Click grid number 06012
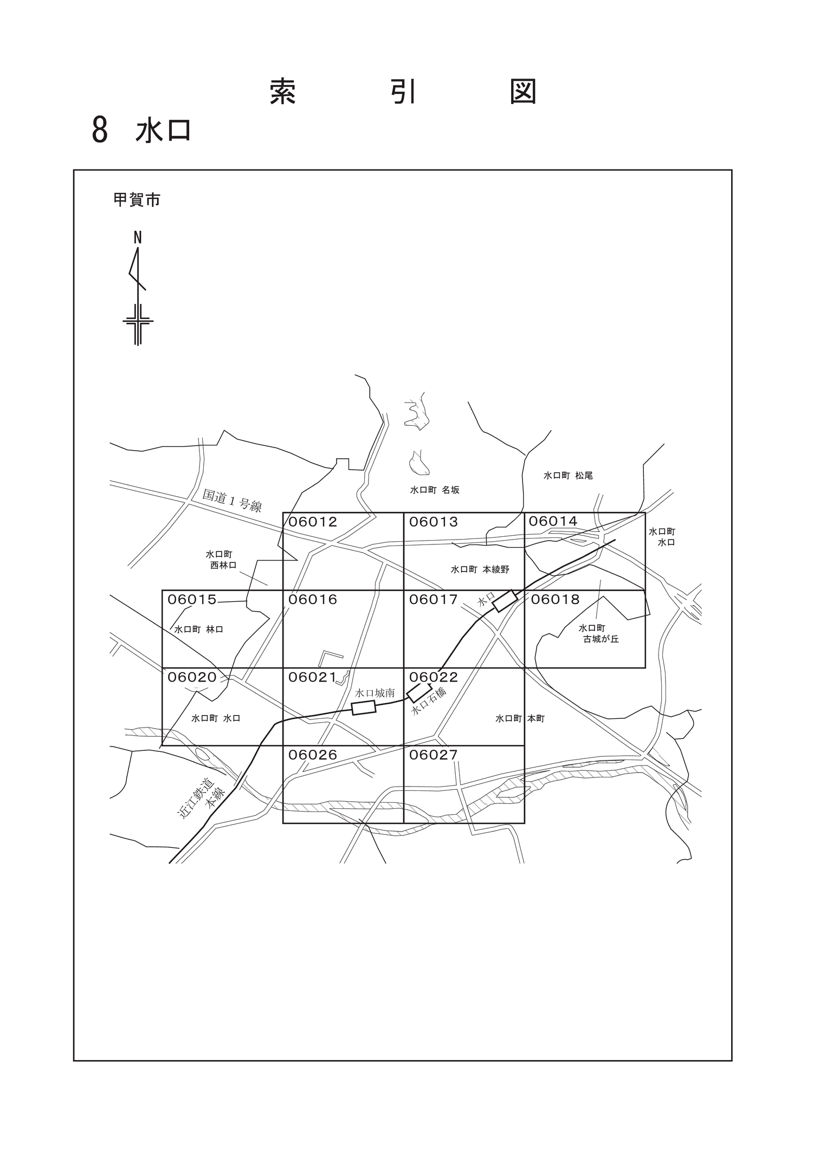(x=313, y=522)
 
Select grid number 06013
(x=434, y=522)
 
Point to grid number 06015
(x=192, y=600)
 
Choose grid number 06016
(x=313, y=600)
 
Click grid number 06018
(x=555, y=600)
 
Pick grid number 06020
(x=192, y=677)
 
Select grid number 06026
(x=313, y=755)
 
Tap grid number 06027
(x=434, y=755)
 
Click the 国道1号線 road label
(x=233, y=501)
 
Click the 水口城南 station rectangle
(x=364, y=707)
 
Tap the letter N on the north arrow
(x=138, y=238)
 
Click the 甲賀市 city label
(x=137, y=200)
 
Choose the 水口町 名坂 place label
(x=435, y=490)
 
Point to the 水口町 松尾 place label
(x=568, y=476)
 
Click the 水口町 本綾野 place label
(x=480, y=570)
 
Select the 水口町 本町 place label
(x=520, y=719)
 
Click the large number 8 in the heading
(x=100, y=131)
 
